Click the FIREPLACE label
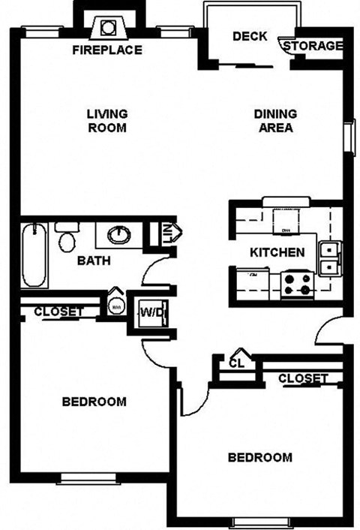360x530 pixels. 107,51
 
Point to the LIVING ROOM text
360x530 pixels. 106,121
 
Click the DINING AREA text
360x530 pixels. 275,121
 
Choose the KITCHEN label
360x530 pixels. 277,252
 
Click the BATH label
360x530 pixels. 94,261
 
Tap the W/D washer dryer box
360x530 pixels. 149,310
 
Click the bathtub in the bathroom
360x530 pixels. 34,254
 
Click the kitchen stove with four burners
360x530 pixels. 296,284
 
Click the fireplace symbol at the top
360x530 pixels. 107,28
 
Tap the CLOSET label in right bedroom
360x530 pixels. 303,378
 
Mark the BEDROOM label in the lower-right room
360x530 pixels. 259,457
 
